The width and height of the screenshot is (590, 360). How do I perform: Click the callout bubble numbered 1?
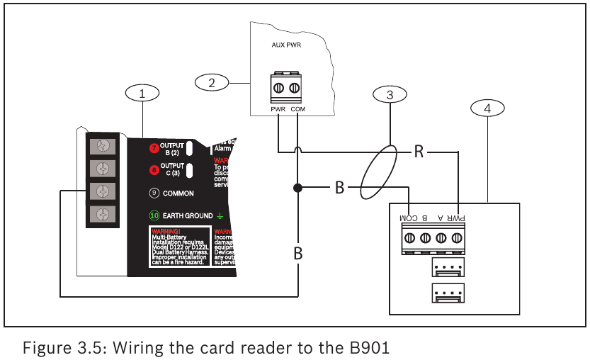pos(142,92)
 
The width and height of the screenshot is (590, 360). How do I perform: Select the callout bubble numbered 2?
pos(211,82)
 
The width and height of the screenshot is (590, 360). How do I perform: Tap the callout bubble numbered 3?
pos(390,94)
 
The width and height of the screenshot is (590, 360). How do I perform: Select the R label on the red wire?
pos(419,152)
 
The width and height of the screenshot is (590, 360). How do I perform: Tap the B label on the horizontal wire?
pos(339,189)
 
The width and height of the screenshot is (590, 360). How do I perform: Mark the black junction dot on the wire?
pos(297,189)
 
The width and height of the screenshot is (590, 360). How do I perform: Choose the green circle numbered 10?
pos(154,215)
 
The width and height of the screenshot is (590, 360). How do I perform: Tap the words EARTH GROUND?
pos(188,215)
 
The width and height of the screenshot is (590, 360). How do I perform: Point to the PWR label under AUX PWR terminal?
pos(278,110)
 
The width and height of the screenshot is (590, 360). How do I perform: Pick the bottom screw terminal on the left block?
pos(102,213)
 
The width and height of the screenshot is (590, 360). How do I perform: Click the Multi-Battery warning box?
pos(178,247)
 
